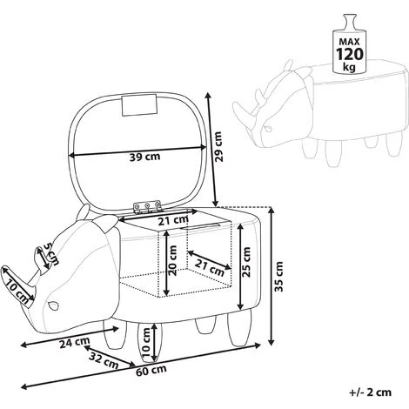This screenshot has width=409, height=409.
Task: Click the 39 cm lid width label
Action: click(x=144, y=157)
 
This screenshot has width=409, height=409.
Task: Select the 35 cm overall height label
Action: click(x=278, y=277)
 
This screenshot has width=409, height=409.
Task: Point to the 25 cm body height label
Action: click(x=246, y=262)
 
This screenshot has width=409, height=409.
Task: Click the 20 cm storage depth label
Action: click(x=173, y=260)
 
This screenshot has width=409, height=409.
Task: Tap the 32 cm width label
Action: click(x=104, y=360)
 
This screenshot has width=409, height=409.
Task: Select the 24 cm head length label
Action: click(x=75, y=343)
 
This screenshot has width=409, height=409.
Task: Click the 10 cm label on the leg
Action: click(x=147, y=342)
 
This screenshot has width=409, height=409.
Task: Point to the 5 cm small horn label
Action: click(x=51, y=254)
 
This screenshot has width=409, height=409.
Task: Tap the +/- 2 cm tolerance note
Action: click(x=371, y=392)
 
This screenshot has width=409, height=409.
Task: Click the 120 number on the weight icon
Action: click(x=349, y=54)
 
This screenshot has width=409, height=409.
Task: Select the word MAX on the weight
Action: click(x=349, y=42)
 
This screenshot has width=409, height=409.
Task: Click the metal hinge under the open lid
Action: click(x=147, y=206)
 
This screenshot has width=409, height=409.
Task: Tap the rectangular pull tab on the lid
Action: click(x=139, y=105)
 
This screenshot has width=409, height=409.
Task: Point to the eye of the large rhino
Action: click(x=54, y=305)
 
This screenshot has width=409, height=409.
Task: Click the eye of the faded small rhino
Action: click(x=268, y=128)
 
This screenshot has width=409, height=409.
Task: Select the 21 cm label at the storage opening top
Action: click(x=173, y=221)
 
